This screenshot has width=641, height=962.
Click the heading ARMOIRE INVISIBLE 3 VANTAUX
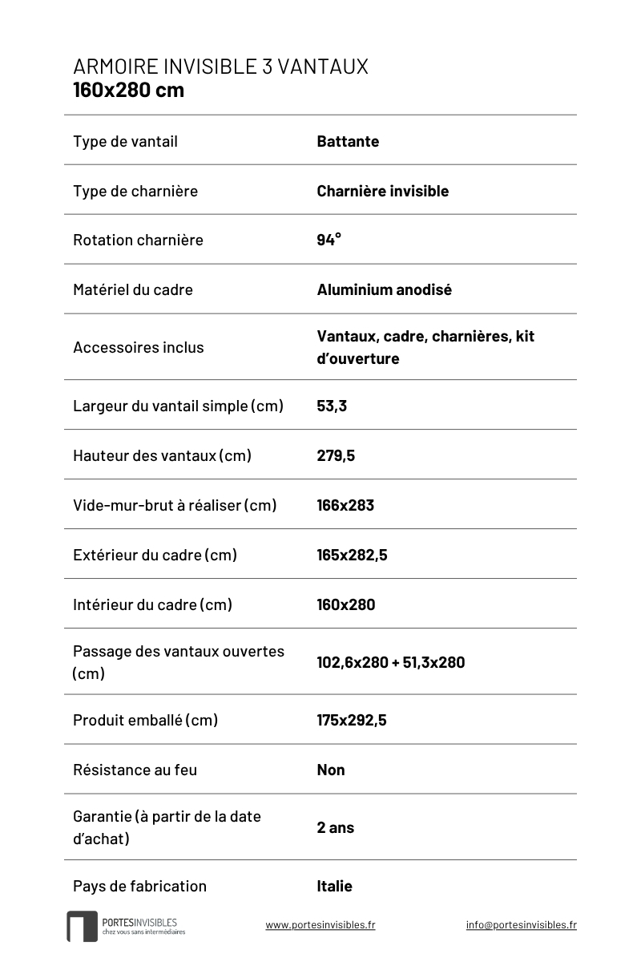[x=220, y=67]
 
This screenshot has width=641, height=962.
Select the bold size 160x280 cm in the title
[x=128, y=90]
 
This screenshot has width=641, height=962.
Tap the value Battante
[x=348, y=141]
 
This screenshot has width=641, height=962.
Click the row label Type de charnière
[x=135, y=191]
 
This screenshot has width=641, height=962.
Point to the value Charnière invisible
[x=382, y=191]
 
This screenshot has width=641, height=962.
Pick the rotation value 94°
[x=329, y=240]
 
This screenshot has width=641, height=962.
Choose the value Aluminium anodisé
[x=384, y=289]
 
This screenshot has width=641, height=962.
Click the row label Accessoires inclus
[x=138, y=347]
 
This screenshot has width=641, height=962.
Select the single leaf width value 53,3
[x=332, y=406]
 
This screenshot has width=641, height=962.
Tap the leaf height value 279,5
[x=336, y=455]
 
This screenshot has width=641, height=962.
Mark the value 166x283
[x=345, y=505]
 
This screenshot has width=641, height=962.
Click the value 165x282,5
[x=352, y=555]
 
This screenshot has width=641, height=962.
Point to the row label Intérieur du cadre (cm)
[x=152, y=604]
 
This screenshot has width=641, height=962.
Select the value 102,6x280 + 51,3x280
[x=390, y=662]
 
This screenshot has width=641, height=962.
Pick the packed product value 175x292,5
[x=352, y=720]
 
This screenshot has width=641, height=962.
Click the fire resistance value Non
[x=331, y=770]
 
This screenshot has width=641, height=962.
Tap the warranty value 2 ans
[x=335, y=827]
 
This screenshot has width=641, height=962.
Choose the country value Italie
[x=334, y=886]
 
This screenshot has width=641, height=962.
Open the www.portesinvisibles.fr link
[x=320, y=924]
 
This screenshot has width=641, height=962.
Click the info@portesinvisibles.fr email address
[x=521, y=924]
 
